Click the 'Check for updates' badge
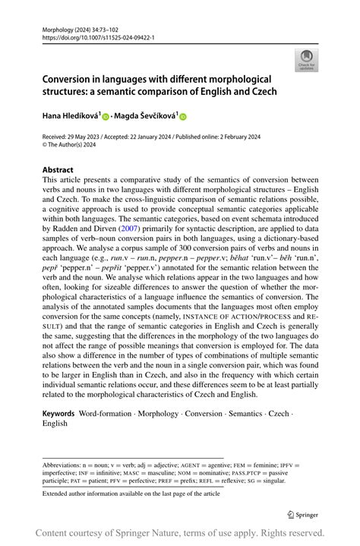click(308, 59)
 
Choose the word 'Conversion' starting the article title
click(71, 80)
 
